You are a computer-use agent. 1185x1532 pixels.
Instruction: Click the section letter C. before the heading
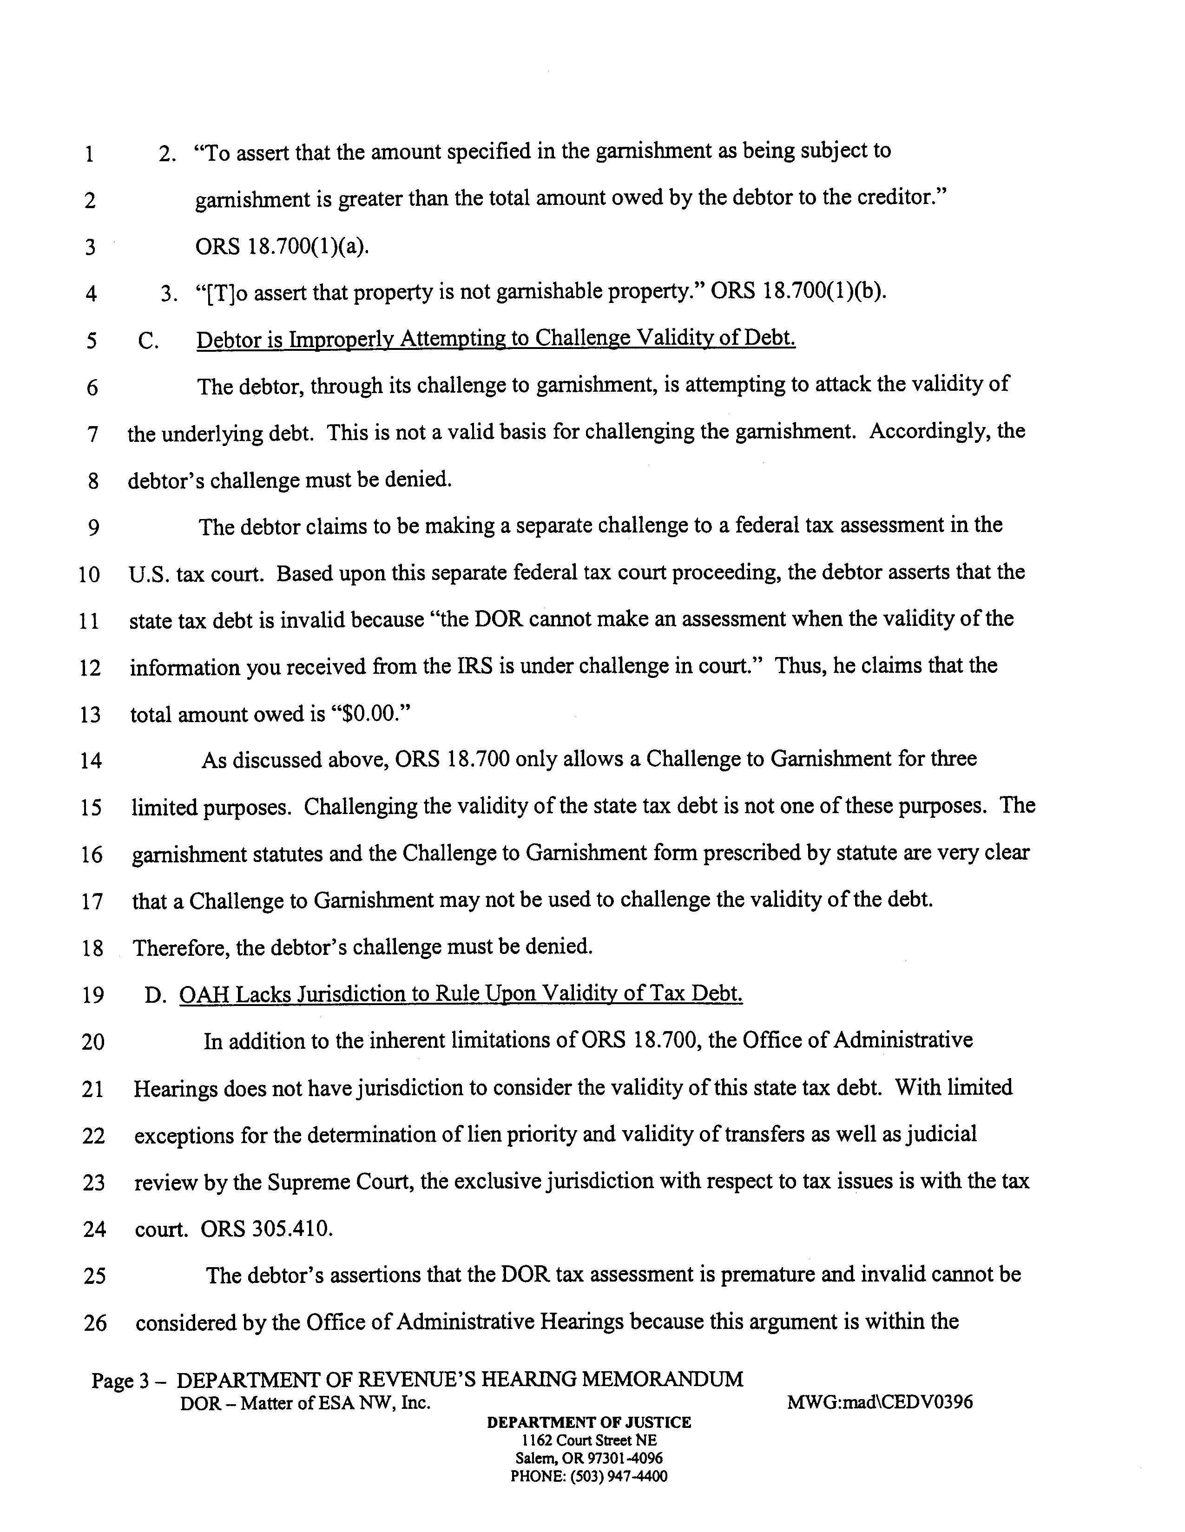click(x=148, y=341)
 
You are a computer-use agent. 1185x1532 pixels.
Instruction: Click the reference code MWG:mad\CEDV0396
click(x=880, y=1403)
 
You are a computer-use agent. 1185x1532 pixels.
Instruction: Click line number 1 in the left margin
click(x=89, y=154)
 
